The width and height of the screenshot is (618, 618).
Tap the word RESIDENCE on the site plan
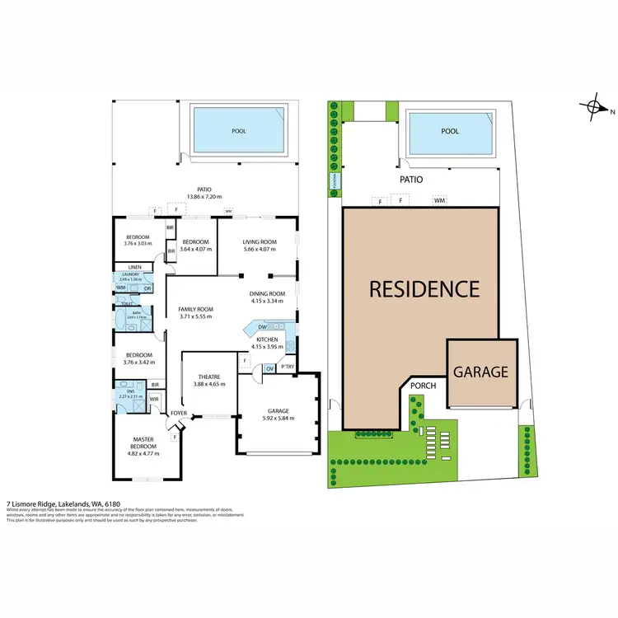pyautogui.click(x=424, y=289)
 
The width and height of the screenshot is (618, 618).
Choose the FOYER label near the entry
pyautogui.click(x=180, y=413)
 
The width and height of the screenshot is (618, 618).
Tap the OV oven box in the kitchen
pyautogui.click(x=270, y=368)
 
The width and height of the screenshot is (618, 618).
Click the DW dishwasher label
pyautogui.click(x=260, y=327)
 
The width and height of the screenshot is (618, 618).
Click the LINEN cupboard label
pyautogui.click(x=135, y=268)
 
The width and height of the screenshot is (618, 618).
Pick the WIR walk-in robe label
pyautogui.click(x=153, y=400)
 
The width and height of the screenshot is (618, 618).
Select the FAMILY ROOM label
pyautogui.click(x=195, y=309)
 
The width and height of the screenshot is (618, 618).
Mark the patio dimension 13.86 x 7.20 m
pyautogui.click(x=204, y=196)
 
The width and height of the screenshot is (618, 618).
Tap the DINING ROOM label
pyautogui.click(x=267, y=294)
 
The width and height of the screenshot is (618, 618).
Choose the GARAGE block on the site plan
pyautogui.click(x=482, y=372)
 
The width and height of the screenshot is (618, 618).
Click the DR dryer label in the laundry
pyautogui.click(x=147, y=288)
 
